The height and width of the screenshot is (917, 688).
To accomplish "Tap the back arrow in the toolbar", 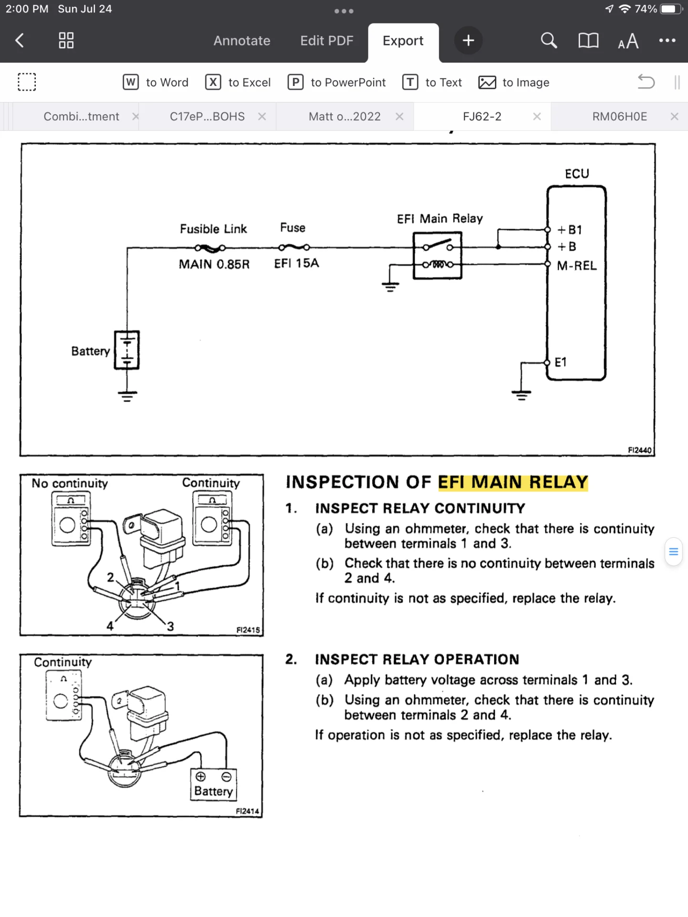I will click(20, 41).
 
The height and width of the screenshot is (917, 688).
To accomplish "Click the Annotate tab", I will click(242, 41).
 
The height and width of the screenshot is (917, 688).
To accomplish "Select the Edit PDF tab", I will click(327, 41).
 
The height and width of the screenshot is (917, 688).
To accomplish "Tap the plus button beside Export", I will click(468, 41).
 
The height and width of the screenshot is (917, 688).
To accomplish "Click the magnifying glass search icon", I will click(548, 41).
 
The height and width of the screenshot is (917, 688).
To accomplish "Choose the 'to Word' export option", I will click(156, 83).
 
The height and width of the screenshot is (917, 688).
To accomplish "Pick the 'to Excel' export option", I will click(238, 83).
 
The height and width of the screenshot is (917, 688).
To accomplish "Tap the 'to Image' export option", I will click(514, 83).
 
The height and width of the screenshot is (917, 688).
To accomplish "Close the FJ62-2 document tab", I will click(537, 117).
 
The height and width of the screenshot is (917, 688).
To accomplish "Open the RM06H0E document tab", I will click(619, 117).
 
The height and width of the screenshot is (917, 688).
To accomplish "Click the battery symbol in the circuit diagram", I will click(127, 350).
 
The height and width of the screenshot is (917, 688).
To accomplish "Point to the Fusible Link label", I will click(213, 229).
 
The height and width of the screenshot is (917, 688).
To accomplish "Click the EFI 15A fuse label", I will click(296, 263).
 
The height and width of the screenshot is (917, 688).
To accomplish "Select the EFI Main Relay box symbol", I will click(437, 256).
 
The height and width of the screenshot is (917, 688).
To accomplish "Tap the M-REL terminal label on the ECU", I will click(577, 266).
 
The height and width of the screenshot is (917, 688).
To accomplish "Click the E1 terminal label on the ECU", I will click(560, 363).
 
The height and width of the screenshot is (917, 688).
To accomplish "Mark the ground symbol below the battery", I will click(127, 396).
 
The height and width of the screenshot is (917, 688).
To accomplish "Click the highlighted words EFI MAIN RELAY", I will click(513, 482).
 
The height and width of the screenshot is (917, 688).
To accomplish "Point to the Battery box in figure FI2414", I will click(214, 785).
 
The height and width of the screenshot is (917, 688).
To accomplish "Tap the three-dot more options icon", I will click(667, 41).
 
